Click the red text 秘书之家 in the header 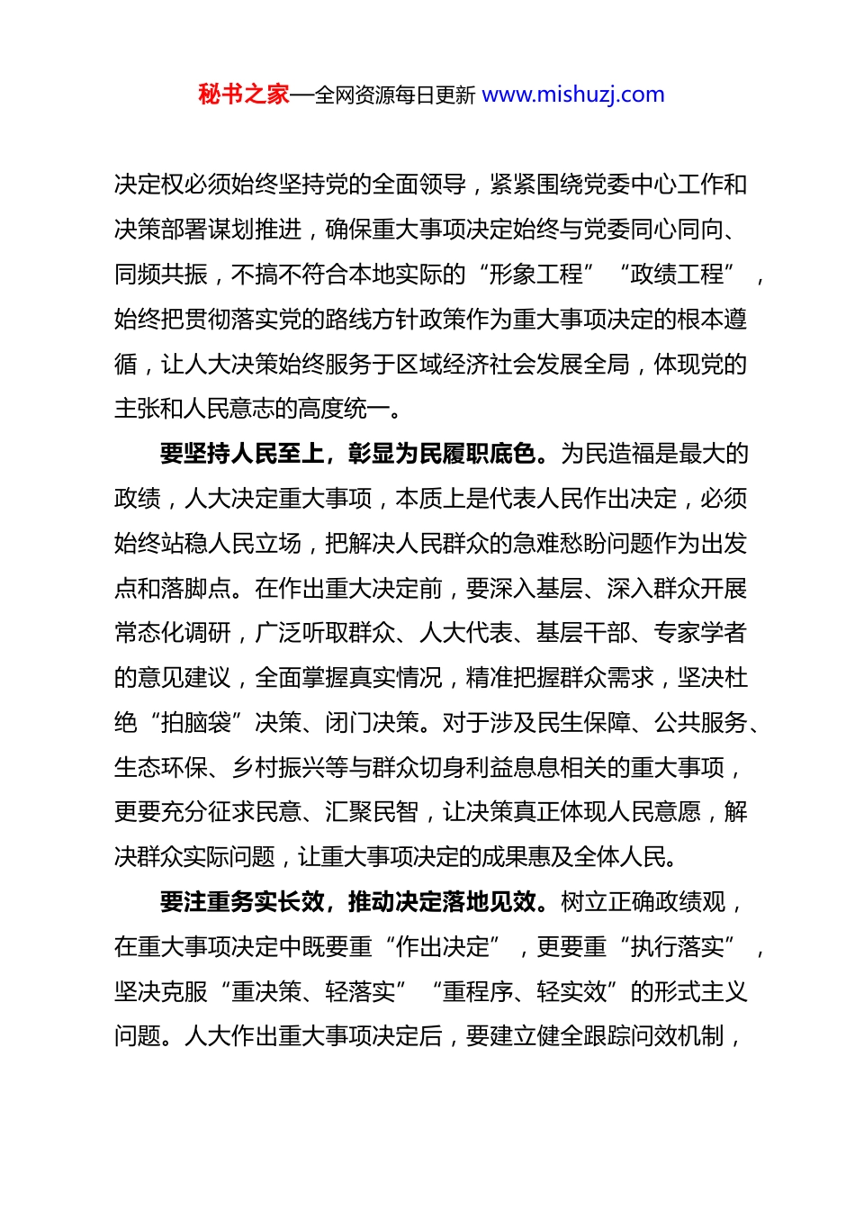pos(243,95)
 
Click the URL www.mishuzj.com pos(573,95)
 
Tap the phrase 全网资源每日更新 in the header pos(395,95)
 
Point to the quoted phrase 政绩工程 pos(677,275)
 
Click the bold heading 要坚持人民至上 pos(242,454)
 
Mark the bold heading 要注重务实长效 pos(242,902)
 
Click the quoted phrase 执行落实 pos(677,947)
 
